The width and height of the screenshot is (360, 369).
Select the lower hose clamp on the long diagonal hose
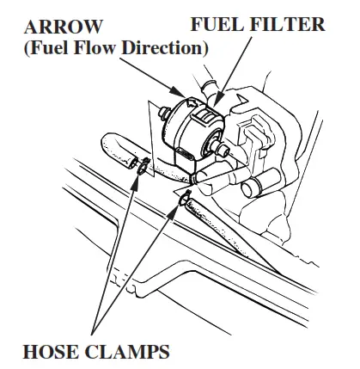[183, 202]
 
